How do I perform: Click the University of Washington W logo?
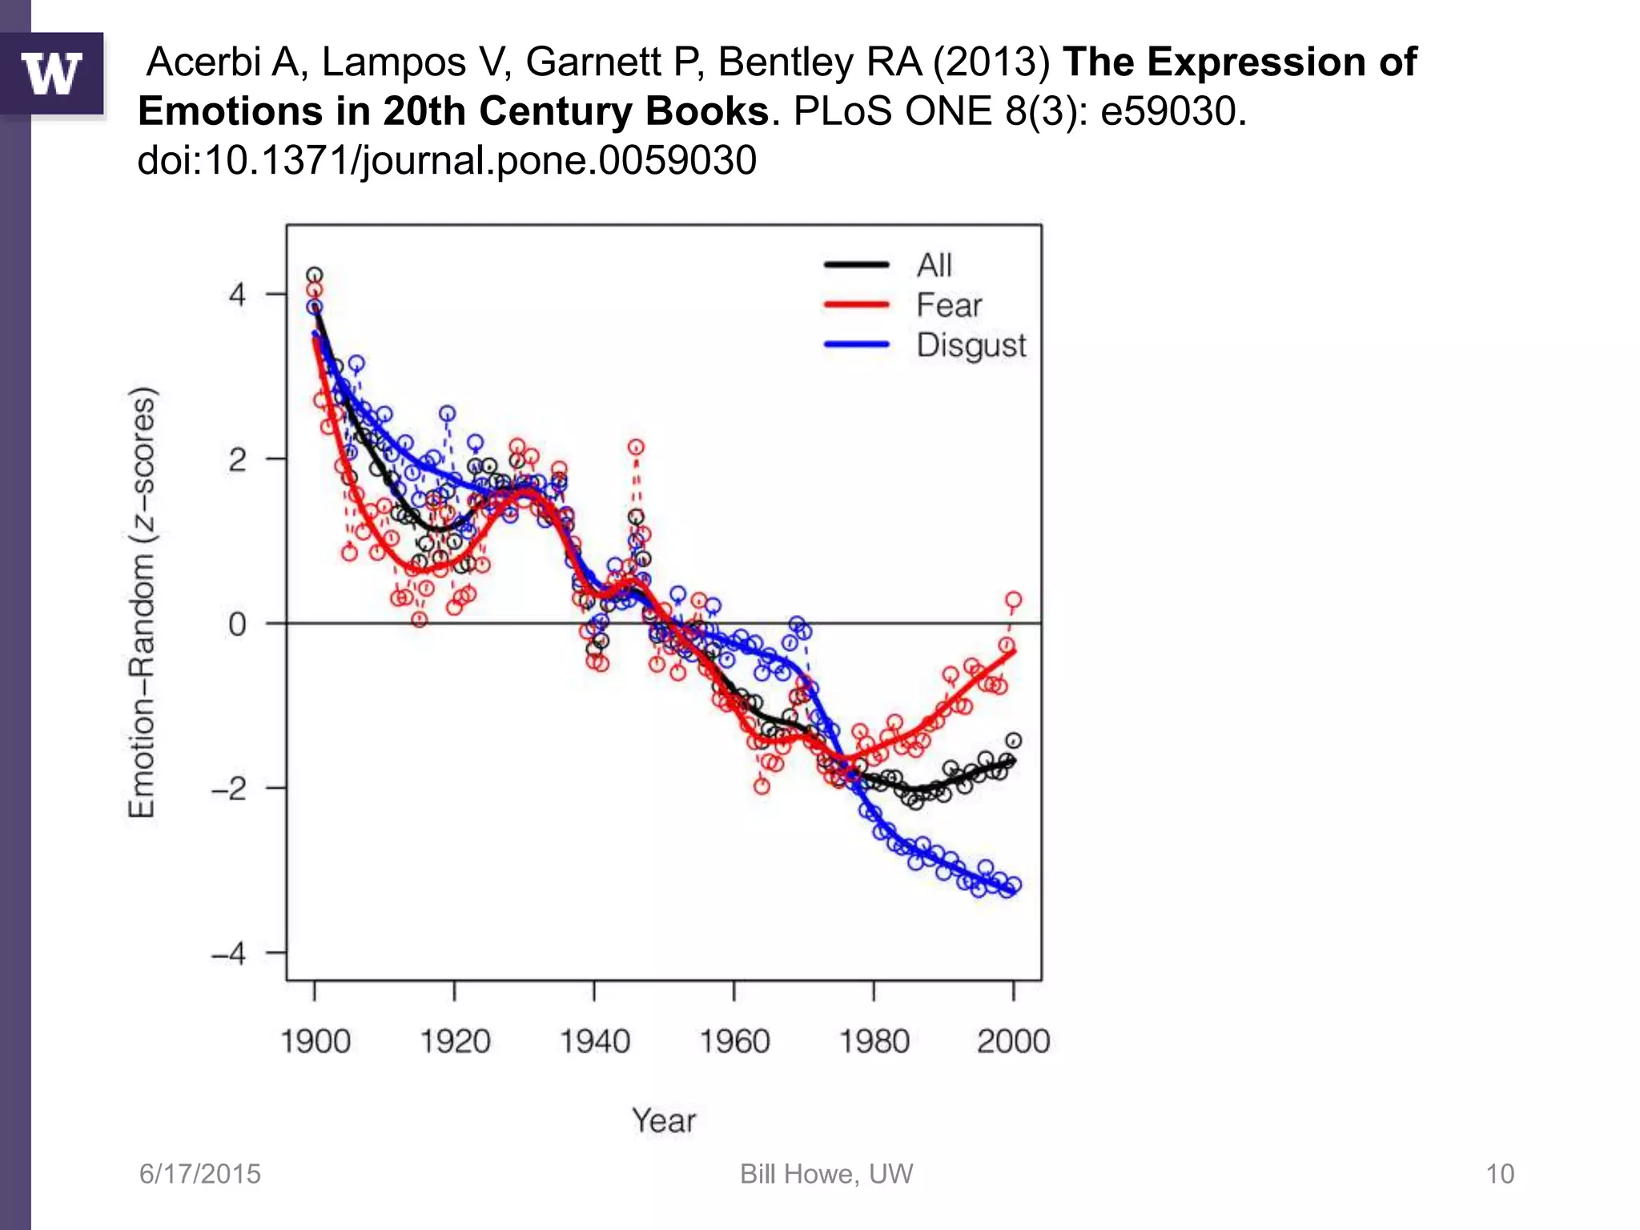coord(52,74)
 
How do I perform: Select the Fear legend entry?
coord(948,305)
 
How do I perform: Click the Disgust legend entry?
coord(971,345)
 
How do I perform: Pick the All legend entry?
coord(934,265)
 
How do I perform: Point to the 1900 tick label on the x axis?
coord(316,1042)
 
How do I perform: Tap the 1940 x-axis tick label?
coord(594,1042)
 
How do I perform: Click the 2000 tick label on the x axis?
coord(1013,1042)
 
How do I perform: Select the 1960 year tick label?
coord(734,1042)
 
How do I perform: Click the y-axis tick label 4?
coord(237,295)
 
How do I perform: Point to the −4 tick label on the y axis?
coord(229,954)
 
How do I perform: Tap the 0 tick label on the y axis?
coord(237,624)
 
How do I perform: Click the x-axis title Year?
coord(664,1120)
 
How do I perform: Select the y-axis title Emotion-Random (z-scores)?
coord(142,602)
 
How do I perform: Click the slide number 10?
coord(1500,1174)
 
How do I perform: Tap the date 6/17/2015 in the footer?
coord(200,1174)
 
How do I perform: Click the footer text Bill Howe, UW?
coord(826,1174)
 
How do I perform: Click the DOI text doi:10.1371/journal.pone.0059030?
coord(447,160)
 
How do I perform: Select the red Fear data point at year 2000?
coord(1013,600)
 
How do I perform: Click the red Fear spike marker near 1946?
coord(636,447)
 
